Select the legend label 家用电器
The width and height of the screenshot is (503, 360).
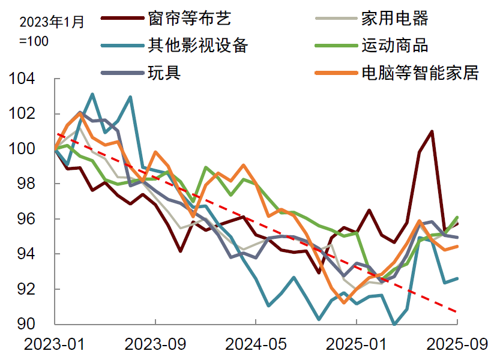[394, 19]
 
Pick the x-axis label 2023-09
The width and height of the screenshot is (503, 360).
[155, 344]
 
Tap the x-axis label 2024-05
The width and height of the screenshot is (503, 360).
[256, 344]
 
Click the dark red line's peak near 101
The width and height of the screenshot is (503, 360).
[432, 131]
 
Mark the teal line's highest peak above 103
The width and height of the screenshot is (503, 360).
[92, 94]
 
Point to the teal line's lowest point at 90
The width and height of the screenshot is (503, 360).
[394, 325]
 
